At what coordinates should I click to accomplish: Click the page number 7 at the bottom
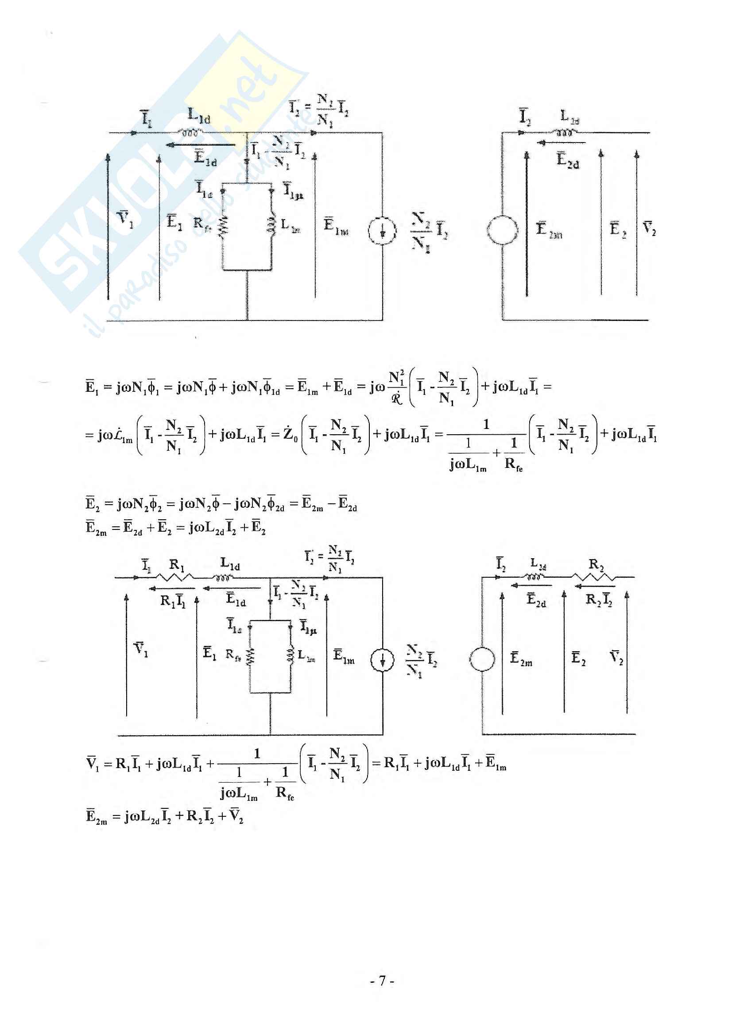pos(382,981)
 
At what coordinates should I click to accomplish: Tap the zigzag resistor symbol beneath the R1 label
pos(175,576)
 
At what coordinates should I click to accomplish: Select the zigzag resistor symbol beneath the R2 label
pos(593,576)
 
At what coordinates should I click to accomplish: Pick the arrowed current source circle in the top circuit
pos(383,231)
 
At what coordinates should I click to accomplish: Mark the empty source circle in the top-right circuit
pos(503,230)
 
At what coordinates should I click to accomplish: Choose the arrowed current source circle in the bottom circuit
pos(383,661)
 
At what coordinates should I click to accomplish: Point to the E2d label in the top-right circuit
pos(567,160)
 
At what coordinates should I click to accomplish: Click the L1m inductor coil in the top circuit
pos(271,225)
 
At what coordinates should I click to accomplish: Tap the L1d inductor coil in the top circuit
pos(191,132)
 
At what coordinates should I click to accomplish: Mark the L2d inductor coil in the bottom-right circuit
pos(535,576)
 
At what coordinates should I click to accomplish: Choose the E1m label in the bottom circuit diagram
pos(343,656)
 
